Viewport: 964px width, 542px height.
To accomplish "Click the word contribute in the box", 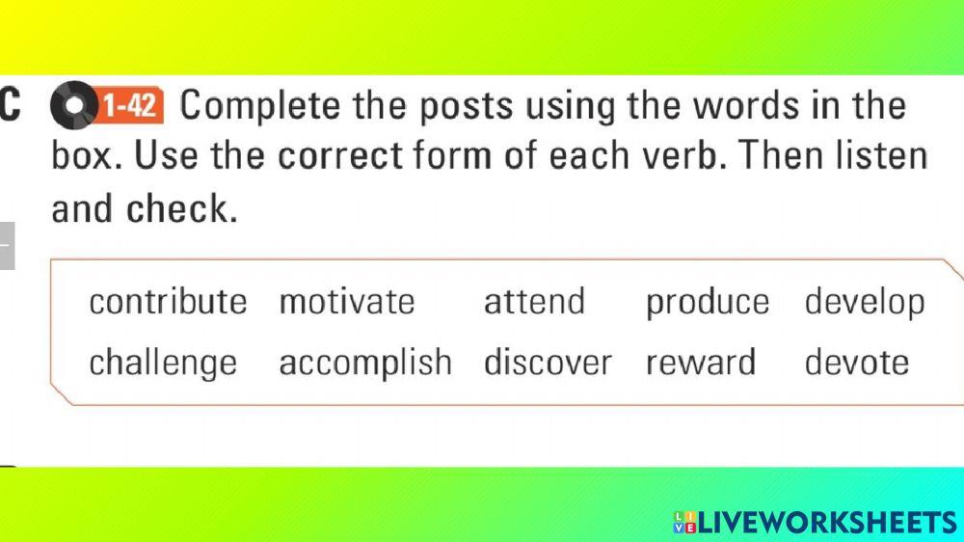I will (168, 302).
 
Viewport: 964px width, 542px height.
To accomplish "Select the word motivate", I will (347, 302).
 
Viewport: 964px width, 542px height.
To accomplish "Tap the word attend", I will (534, 302).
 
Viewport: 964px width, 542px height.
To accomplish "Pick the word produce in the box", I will (708, 303).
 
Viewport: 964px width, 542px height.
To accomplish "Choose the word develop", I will (865, 303).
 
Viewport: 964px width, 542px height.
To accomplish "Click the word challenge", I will (163, 364).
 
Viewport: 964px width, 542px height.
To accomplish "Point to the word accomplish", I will (365, 364).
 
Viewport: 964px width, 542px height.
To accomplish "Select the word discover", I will (548, 363).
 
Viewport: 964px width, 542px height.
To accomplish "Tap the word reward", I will (701, 363).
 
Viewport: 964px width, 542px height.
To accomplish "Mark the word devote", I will (857, 363).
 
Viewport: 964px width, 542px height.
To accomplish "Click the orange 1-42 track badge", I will (130, 105).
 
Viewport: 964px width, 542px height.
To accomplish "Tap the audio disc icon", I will (71, 106).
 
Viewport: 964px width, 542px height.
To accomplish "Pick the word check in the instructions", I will (182, 208).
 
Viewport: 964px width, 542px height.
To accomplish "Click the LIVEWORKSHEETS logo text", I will (825, 523).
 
